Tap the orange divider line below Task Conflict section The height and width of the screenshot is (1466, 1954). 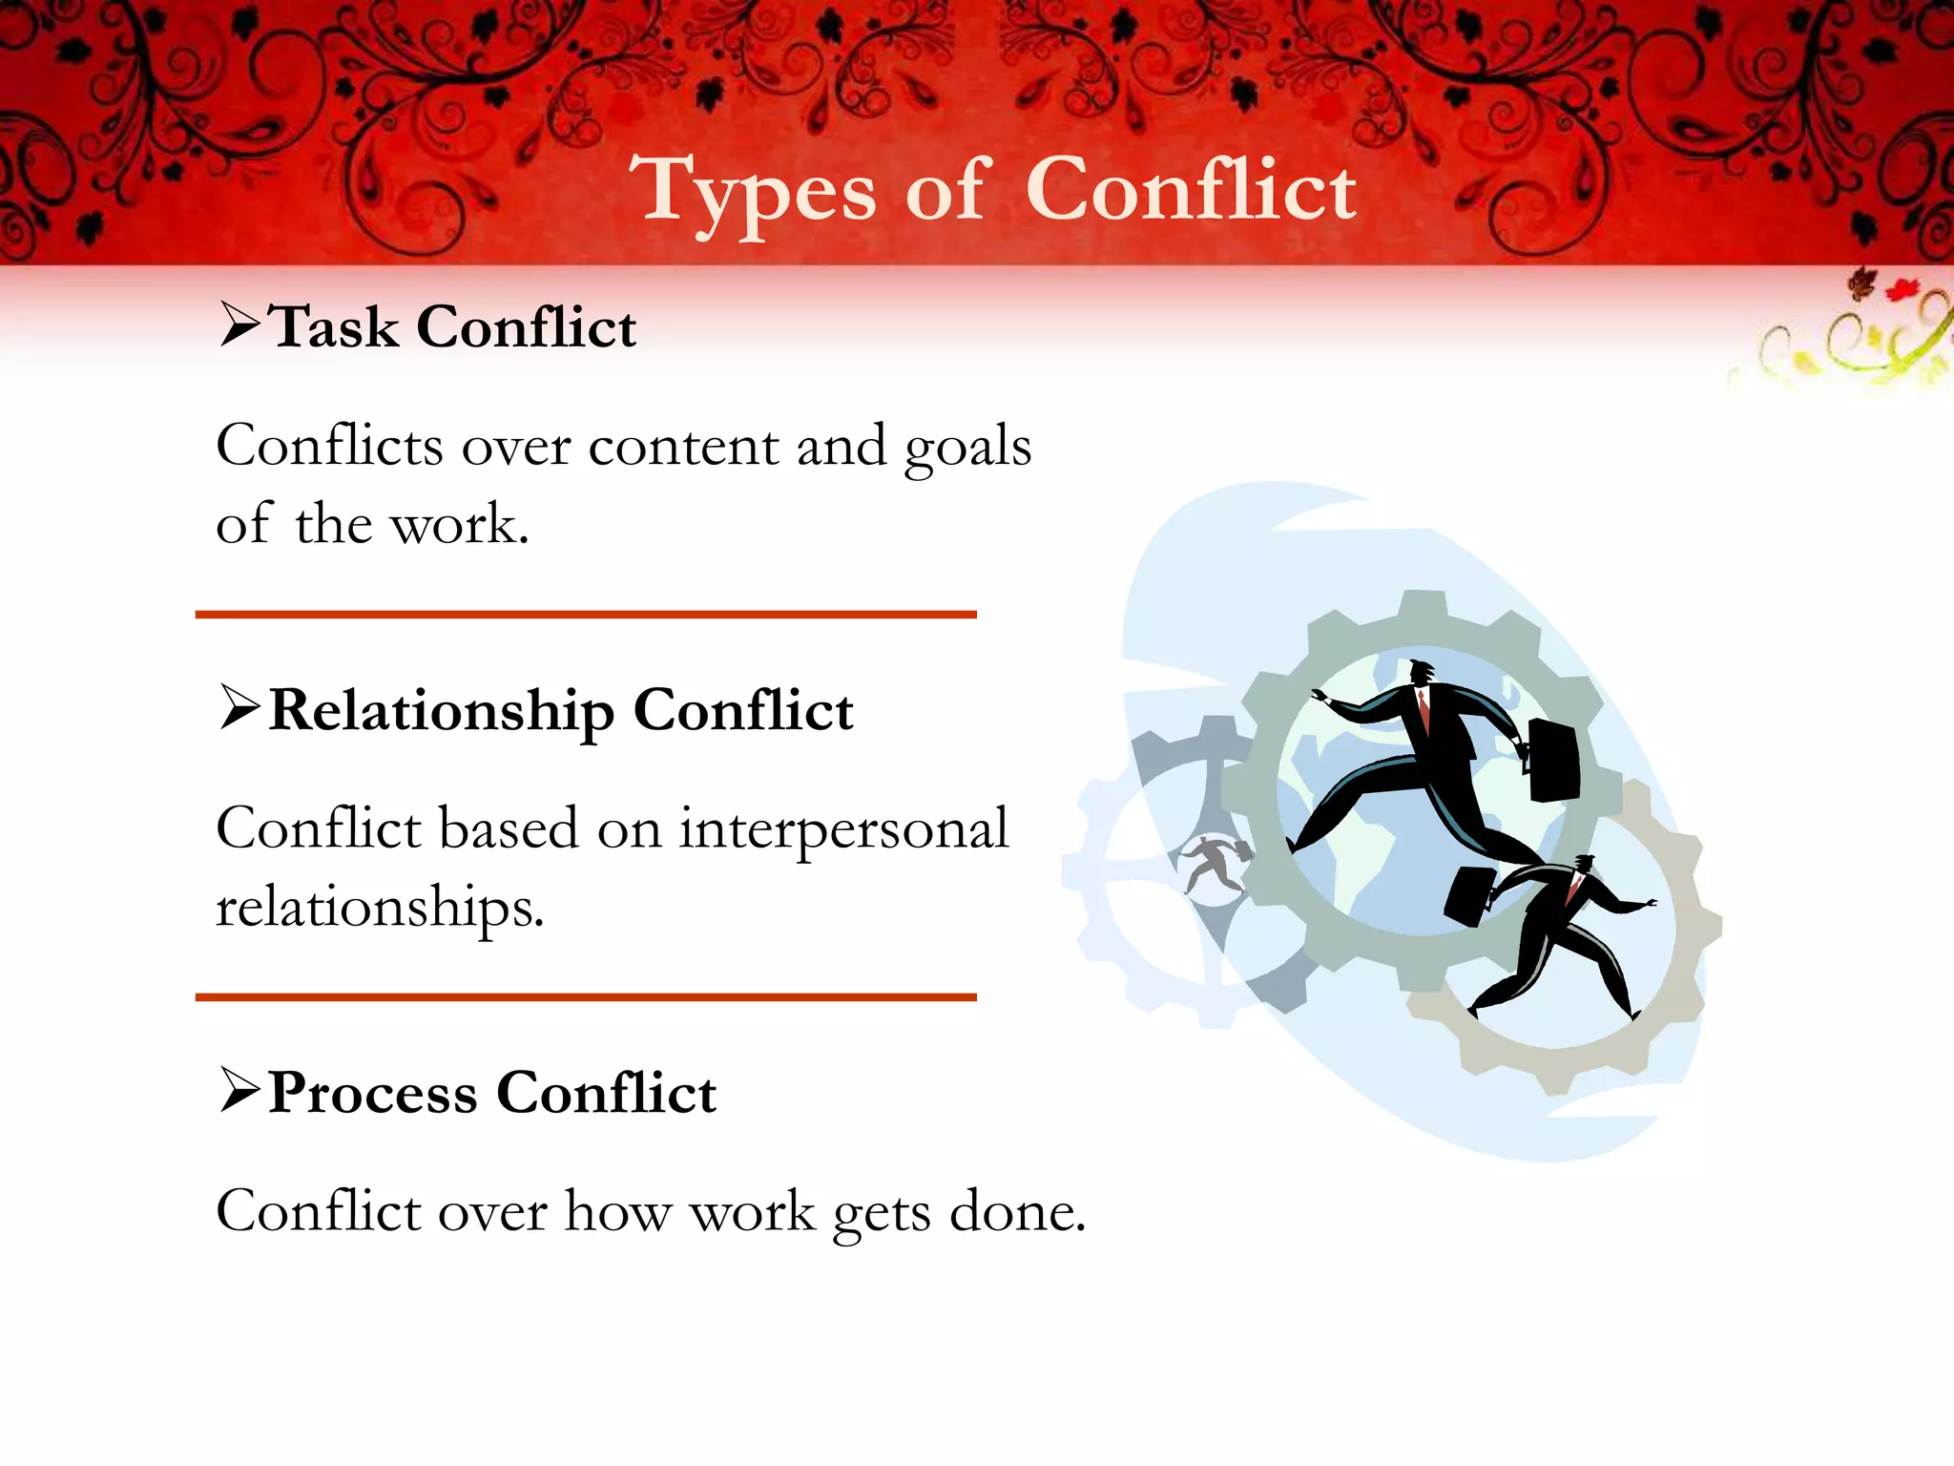tap(586, 615)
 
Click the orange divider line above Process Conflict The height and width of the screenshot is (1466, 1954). tap(586, 997)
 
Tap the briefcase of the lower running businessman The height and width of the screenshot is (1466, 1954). tap(1468, 895)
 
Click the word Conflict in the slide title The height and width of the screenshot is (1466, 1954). tap(1190, 190)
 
